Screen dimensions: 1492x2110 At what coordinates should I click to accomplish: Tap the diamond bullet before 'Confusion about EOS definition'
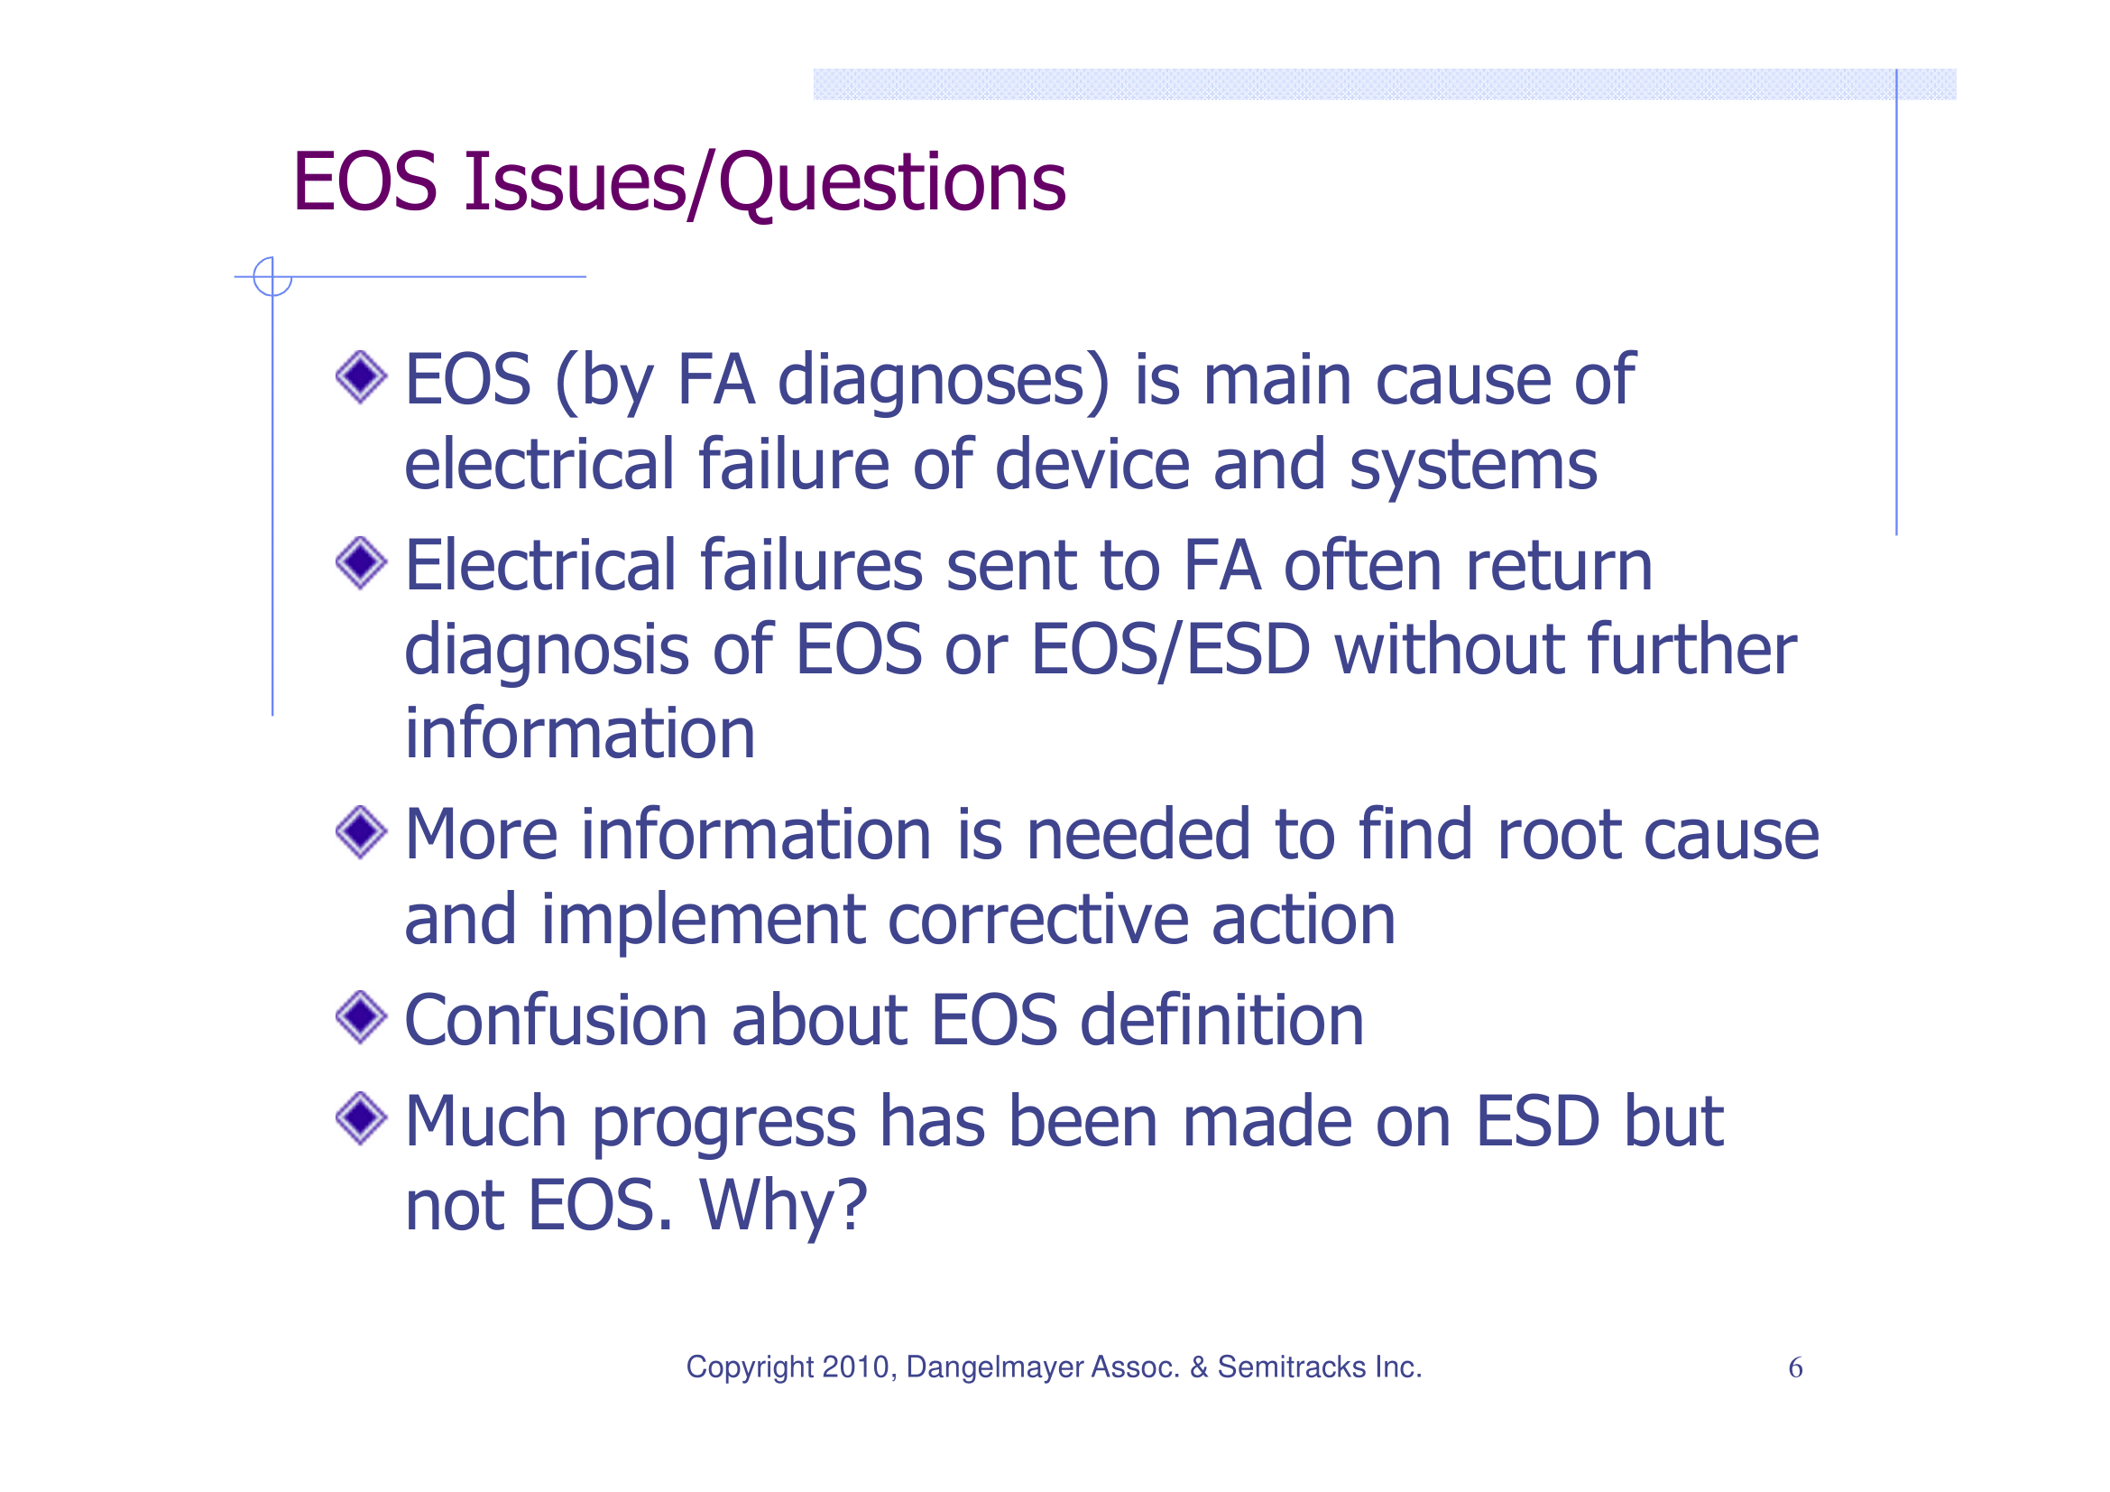pyautogui.click(x=361, y=1017)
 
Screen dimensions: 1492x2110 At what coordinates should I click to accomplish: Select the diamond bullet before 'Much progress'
pyautogui.click(x=361, y=1118)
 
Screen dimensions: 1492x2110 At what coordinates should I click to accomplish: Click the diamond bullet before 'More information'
pyautogui.click(x=361, y=832)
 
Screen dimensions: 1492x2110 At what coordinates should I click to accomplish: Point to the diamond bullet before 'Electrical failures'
pyautogui.click(x=361, y=562)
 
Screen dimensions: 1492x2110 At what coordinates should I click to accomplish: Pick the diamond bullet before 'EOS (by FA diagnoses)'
pyautogui.click(x=361, y=376)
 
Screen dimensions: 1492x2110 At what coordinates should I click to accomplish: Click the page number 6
pyautogui.click(x=1795, y=1368)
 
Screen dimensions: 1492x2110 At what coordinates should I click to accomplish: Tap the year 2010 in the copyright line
pyautogui.click(x=857, y=1367)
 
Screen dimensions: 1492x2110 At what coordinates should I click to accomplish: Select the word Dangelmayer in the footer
pyautogui.click(x=993, y=1367)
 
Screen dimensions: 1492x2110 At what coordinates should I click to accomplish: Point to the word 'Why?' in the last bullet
pyautogui.click(x=783, y=1205)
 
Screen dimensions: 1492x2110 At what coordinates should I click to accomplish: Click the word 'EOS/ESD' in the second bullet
pyautogui.click(x=1170, y=650)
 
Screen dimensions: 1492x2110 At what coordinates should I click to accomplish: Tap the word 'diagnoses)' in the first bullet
pyautogui.click(x=944, y=380)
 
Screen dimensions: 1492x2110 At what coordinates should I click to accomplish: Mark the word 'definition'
pyautogui.click(x=1221, y=1021)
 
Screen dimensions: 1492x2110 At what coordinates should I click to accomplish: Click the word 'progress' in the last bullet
pyautogui.click(x=724, y=1124)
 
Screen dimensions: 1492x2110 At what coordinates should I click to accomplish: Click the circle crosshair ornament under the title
pyautogui.click(x=272, y=277)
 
